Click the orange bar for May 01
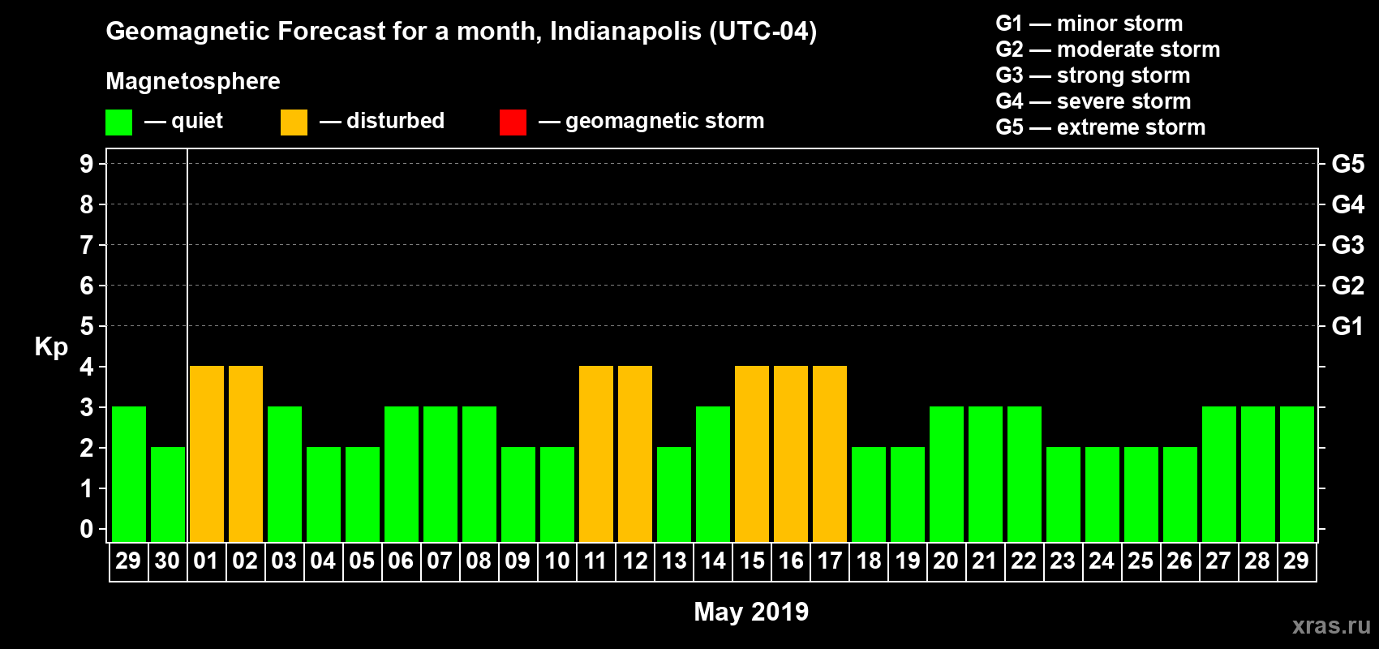(x=207, y=454)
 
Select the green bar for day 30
(x=168, y=495)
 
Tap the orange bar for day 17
(x=830, y=454)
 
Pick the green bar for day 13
(x=674, y=495)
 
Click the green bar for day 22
(x=1025, y=475)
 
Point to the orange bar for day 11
(x=596, y=454)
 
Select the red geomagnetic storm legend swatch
(x=513, y=122)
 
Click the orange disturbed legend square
(x=294, y=122)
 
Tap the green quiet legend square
(x=119, y=122)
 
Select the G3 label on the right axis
(x=1347, y=245)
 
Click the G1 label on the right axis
(x=1347, y=326)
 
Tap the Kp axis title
(x=51, y=347)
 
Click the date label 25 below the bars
(x=1141, y=561)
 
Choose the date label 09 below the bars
(x=518, y=561)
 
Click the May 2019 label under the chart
(x=751, y=612)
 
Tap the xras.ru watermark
(x=1331, y=625)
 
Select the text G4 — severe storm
(x=1093, y=101)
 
